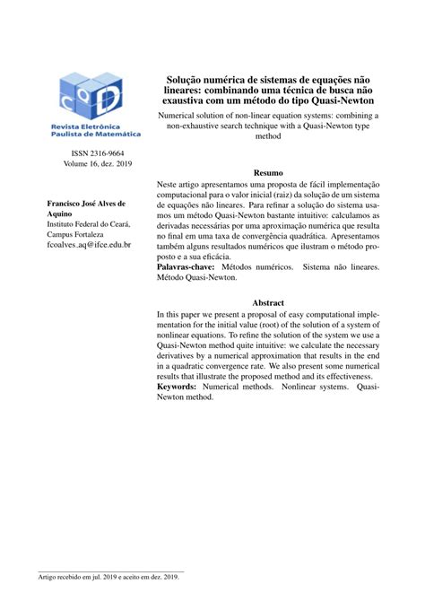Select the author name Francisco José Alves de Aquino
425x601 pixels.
(85, 211)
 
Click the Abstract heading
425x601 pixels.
(268, 303)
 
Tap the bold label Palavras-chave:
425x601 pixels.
(186, 267)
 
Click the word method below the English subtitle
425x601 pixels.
(268, 139)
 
